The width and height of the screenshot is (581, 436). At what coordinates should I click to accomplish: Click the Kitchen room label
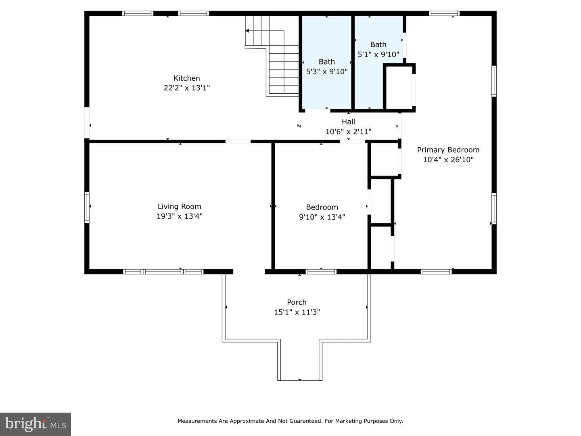[x=187, y=78]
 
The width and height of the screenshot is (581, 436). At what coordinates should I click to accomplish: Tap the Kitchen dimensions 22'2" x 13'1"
[x=187, y=88]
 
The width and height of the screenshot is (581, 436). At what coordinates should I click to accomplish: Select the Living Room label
[x=180, y=206]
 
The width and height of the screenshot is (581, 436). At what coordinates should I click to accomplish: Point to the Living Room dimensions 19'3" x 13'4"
[x=180, y=216]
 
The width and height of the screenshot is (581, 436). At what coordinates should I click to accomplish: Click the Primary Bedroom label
[x=448, y=150]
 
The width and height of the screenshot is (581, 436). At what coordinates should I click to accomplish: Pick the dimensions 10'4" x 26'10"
[x=448, y=159]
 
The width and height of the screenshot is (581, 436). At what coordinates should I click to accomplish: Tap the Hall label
[x=348, y=122]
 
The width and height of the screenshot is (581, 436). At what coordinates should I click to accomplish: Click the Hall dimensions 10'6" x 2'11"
[x=348, y=132]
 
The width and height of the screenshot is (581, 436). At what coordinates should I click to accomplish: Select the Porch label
[x=297, y=302]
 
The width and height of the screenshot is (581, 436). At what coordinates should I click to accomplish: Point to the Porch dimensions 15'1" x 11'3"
[x=297, y=312]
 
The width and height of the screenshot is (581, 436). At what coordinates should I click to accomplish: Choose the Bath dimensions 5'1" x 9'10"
[x=378, y=54]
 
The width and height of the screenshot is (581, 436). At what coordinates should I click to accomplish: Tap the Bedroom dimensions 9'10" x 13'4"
[x=322, y=217]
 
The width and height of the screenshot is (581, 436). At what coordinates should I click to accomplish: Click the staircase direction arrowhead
[x=247, y=31]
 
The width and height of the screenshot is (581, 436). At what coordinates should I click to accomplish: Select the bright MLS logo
[x=36, y=424]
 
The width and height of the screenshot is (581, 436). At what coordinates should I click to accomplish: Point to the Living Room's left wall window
[x=87, y=207]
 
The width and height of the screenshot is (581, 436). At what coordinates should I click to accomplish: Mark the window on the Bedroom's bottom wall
[x=321, y=272]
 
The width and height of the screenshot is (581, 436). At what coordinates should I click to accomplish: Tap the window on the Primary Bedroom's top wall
[x=444, y=13]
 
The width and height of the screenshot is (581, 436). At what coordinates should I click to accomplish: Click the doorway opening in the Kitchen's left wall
[x=87, y=123]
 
